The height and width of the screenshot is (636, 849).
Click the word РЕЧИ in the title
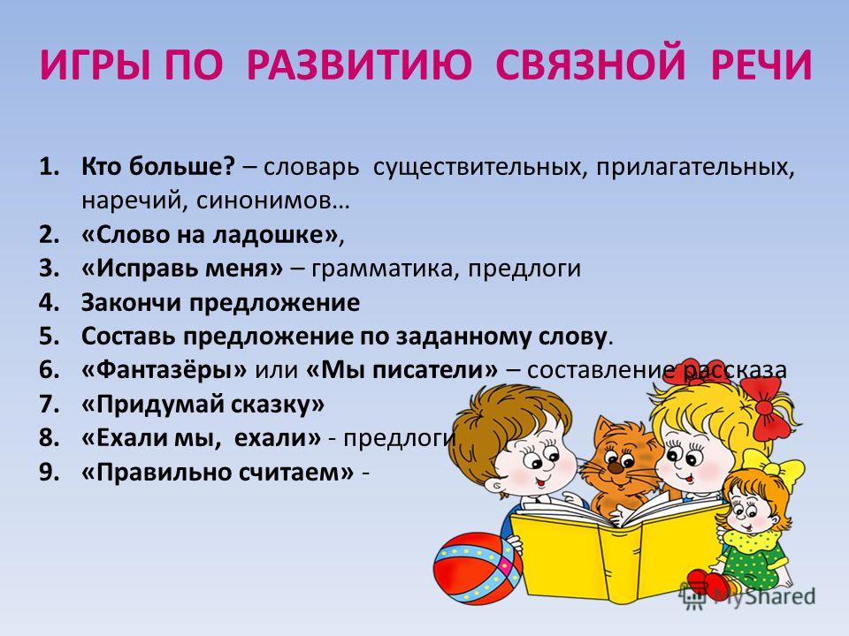[761, 65]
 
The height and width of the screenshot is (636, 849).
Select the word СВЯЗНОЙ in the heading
[590, 65]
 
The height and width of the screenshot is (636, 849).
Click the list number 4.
[49, 302]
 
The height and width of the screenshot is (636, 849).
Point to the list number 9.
[49, 472]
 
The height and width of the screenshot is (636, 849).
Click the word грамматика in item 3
[381, 269]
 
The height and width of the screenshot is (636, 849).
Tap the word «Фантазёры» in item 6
[164, 370]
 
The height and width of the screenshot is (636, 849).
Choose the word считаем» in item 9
[302, 473]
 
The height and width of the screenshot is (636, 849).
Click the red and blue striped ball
[478, 567]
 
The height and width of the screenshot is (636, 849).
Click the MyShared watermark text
[764, 596]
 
